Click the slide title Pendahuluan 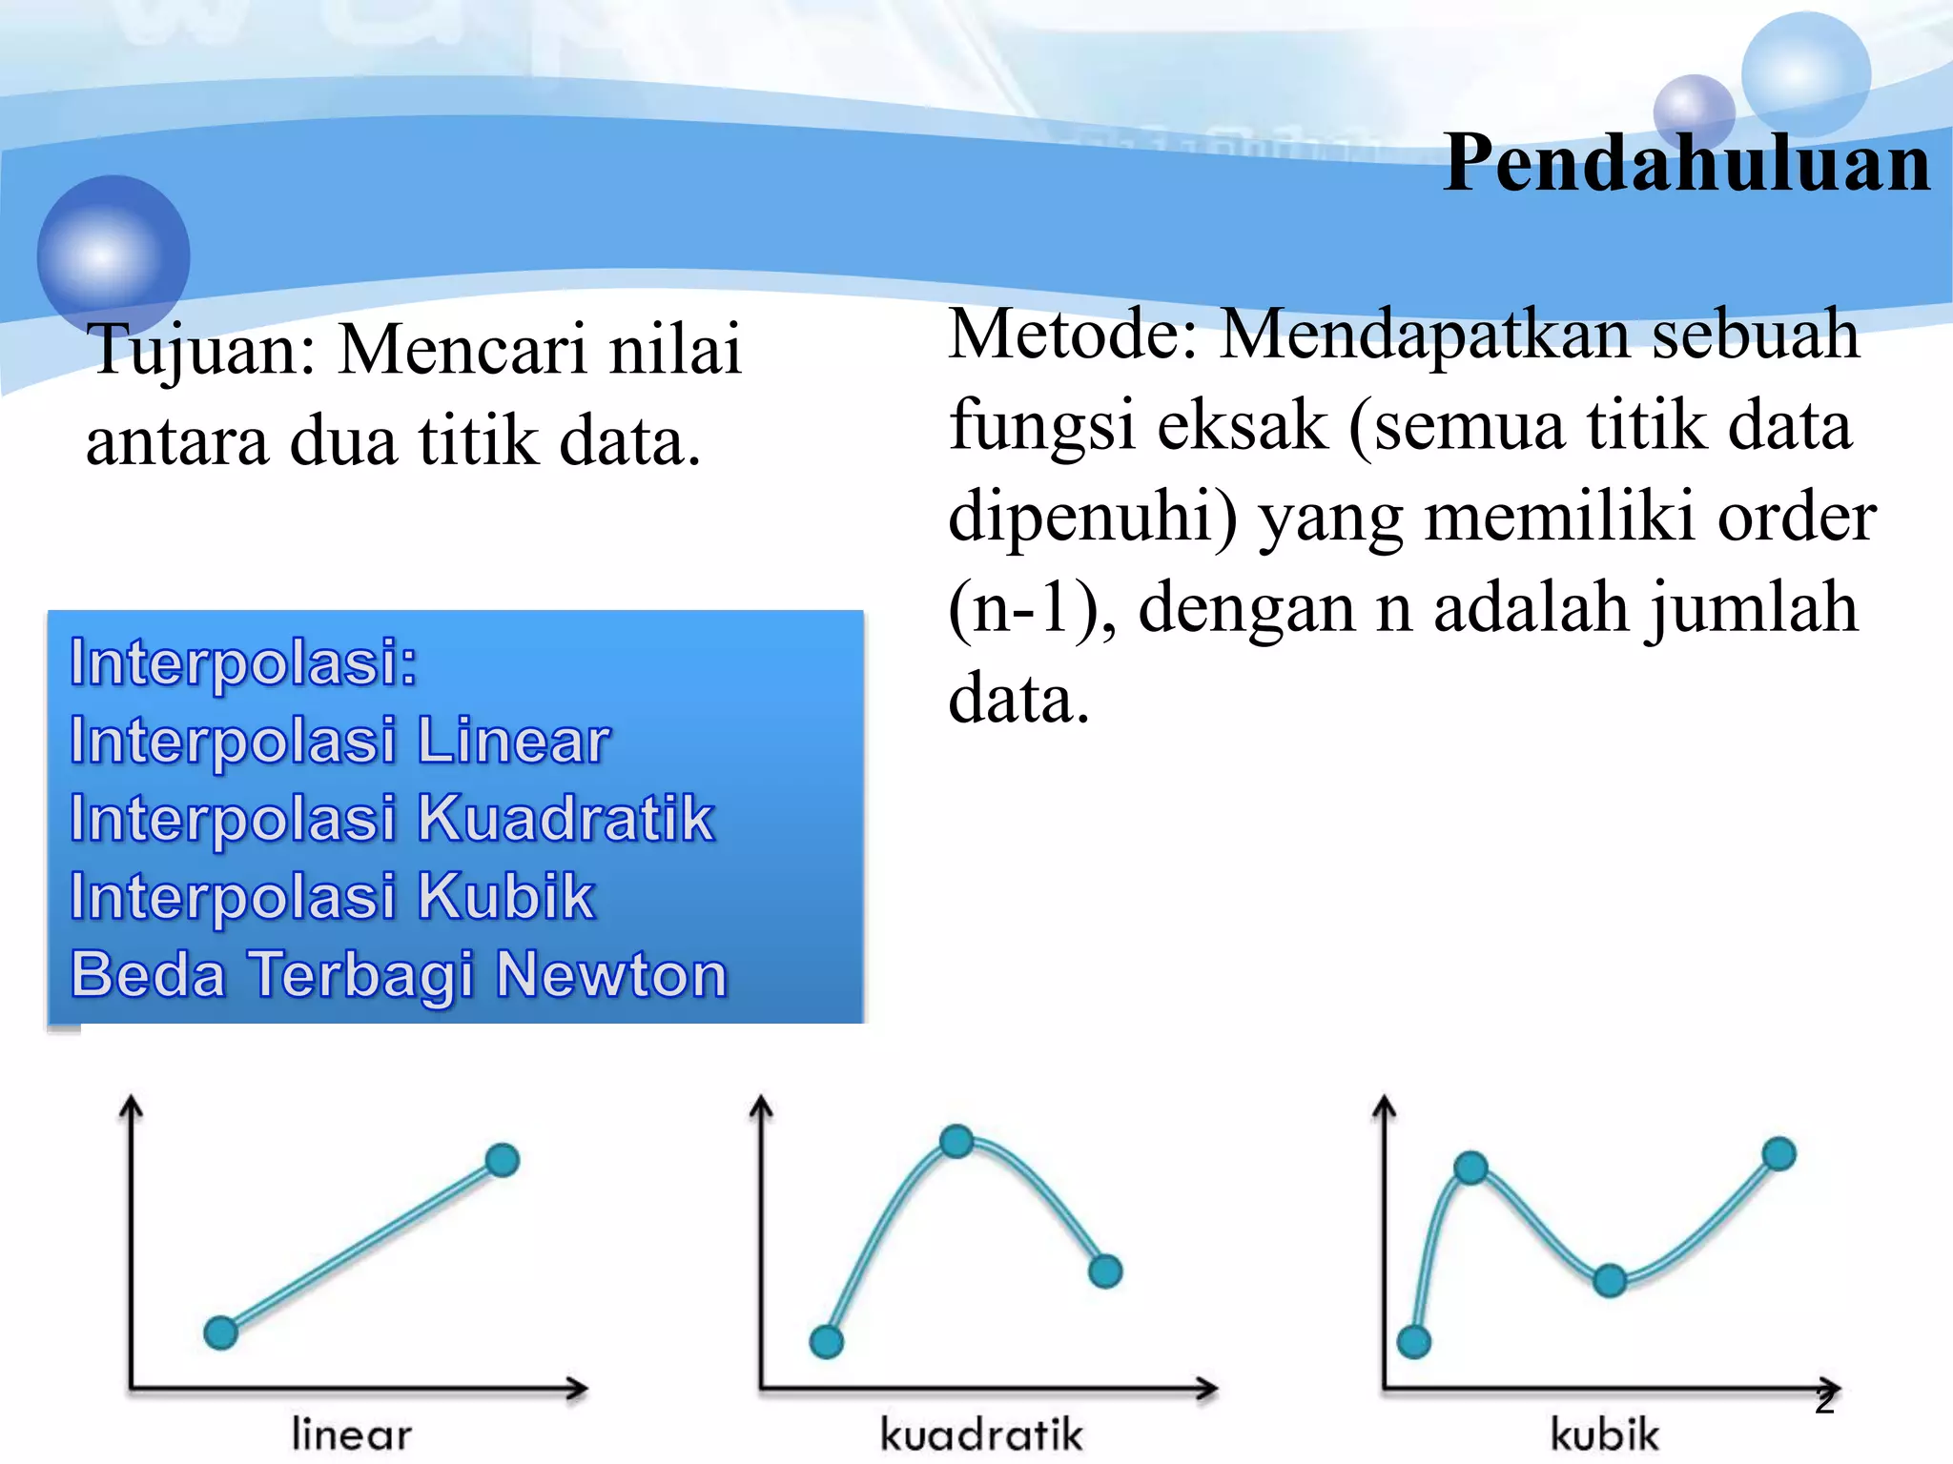(1686, 164)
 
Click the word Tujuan (200, 351)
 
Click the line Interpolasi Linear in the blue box (339, 742)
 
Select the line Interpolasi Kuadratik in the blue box (392, 819)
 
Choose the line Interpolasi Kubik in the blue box (333, 897)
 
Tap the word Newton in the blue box (611, 975)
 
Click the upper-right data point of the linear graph (503, 1160)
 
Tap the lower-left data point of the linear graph (221, 1332)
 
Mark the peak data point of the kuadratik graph (956, 1141)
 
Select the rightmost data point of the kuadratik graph (1105, 1271)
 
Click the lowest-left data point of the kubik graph (1413, 1342)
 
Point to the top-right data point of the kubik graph (1778, 1154)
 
